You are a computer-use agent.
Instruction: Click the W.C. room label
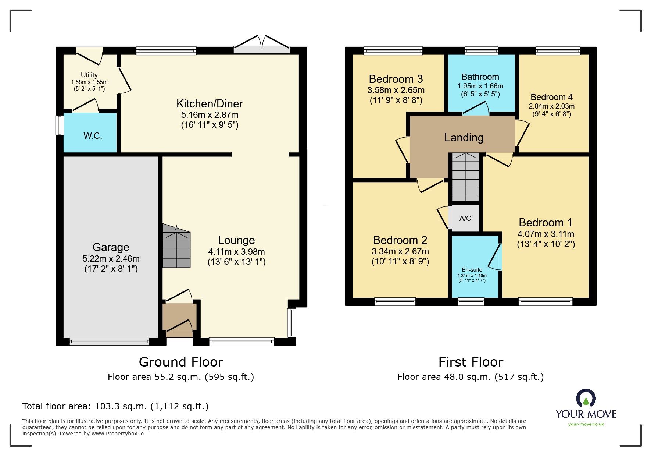[93, 136]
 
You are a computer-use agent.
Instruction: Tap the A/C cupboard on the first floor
[465, 218]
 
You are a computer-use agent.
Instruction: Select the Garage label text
[111, 247]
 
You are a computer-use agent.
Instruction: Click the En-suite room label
[472, 270]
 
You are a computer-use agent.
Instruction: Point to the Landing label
[464, 138]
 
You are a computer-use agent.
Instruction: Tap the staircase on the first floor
[465, 177]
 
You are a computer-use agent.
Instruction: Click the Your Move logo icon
[586, 399]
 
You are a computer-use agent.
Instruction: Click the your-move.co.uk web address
[586, 424]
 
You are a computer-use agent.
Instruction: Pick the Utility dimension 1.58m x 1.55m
[89, 82]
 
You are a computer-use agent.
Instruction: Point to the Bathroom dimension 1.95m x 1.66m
[480, 86]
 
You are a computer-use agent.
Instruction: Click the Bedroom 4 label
[552, 97]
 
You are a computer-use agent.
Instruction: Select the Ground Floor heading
[181, 362]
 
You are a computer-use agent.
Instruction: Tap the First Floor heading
[471, 362]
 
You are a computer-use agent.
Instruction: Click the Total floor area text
[115, 406]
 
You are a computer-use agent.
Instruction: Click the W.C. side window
[59, 125]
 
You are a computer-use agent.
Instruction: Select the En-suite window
[471, 302]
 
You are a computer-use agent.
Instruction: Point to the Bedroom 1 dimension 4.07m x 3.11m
[546, 234]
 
